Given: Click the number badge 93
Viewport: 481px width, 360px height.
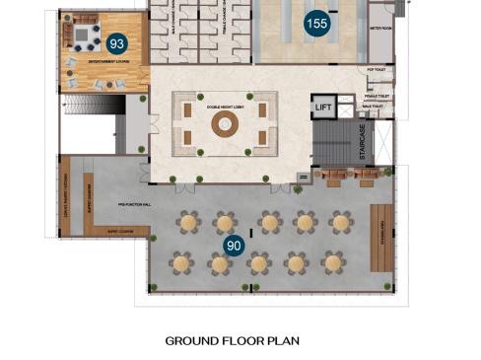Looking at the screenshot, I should click(117, 43).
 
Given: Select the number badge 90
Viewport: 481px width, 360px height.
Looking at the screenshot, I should click(234, 246).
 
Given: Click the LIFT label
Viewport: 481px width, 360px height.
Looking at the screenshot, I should click(322, 107).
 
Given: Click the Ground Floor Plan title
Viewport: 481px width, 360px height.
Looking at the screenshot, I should click(232, 340).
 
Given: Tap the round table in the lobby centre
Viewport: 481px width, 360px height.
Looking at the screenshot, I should click(226, 123).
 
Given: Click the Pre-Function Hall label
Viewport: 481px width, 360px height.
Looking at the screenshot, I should click(135, 204).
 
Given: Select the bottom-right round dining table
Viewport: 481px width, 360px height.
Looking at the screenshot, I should click(333, 263).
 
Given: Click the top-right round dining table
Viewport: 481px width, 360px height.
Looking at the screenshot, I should click(340, 223).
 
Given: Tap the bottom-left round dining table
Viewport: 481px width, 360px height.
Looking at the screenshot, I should click(181, 263).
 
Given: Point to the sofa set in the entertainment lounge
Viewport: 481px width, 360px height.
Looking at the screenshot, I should click(84, 37).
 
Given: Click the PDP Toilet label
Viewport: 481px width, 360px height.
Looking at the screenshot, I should click(376, 71).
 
